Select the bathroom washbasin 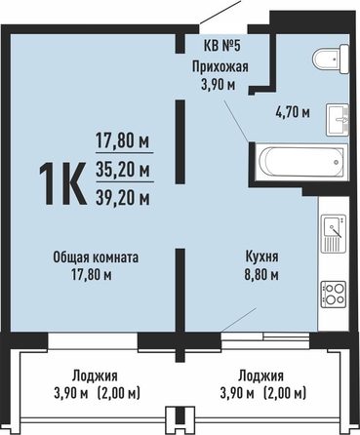click(338, 120)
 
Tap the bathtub click(301, 162)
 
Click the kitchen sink click(334, 233)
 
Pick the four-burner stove click(334, 295)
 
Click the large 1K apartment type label click(62, 183)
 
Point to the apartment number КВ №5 click(222, 46)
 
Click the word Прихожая click(220, 66)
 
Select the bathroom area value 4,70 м click(293, 112)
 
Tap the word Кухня click(261, 257)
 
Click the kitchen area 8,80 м click(261, 275)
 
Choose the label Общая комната click(96, 257)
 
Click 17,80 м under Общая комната click(92, 275)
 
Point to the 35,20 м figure click(123, 170)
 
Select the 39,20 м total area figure click(123, 197)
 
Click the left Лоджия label click(95, 376)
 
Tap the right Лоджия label click(260, 376)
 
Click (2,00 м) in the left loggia click(118, 394)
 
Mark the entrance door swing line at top click(220, 12)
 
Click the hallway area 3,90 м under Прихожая click(219, 85)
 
